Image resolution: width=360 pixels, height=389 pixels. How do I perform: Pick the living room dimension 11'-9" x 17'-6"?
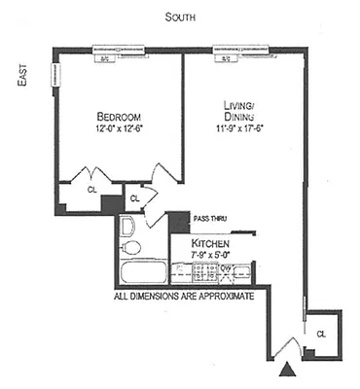233,127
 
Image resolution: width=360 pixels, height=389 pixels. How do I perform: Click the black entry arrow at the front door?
286,370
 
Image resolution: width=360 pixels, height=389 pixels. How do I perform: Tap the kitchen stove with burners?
205,271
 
